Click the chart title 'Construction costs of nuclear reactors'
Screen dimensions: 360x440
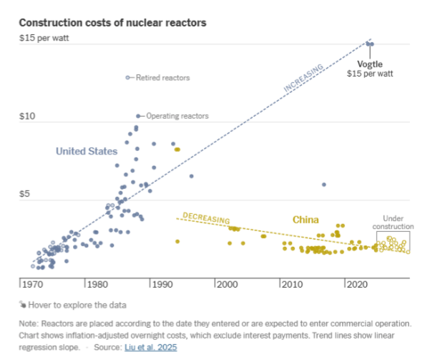[x=112, y=23]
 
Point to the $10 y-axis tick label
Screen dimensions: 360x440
[x=28, y=116]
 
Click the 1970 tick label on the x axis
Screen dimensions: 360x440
[x=32, y=284]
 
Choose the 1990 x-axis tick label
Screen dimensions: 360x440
[x=162, y=284]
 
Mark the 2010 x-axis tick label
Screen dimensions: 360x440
[x=291, y=284]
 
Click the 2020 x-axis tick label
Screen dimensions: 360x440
[x=356, y=284]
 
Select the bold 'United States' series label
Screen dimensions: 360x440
[x=87, y=151]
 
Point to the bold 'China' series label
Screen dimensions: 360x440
[x=305, y=220]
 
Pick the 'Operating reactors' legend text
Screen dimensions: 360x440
[x=177, y=116]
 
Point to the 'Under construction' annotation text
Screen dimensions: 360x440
[x=393, y=222]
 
